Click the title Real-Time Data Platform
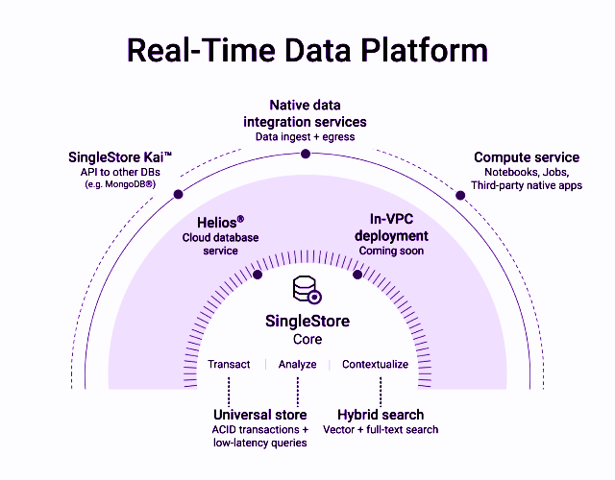click(x=307, y=50)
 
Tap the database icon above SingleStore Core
click(x=307, y=290)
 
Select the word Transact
click(x=229, y=365)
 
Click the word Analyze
click(x=297, y=365)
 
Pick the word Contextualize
click(x=375, y=365)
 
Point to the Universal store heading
click(x=260, y=415)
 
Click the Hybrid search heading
click(x=381, y=415)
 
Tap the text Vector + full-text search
click(x=381, y=429)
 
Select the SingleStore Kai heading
click(x=120, y=157)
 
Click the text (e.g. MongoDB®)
click(x=120, y=184)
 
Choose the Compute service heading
click(x=527, y=157)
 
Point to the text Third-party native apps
click(x=527, y=185)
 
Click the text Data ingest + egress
click(x=305, y=137)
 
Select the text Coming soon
click(x=391, y=251)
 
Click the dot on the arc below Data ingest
click(x=306, y=151)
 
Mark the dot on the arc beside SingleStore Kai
click(x=178, y=195)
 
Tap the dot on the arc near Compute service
click(x=460, y=196)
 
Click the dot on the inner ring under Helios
click(x=257, y=275)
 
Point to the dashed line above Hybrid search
click(x=381, y=391)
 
